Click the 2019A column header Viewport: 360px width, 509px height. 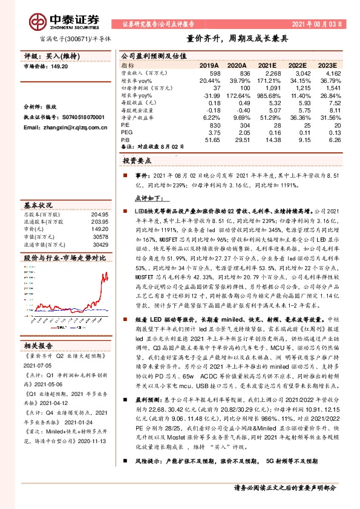pos(209,65)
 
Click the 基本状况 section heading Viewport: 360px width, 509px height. pos(39,204)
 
